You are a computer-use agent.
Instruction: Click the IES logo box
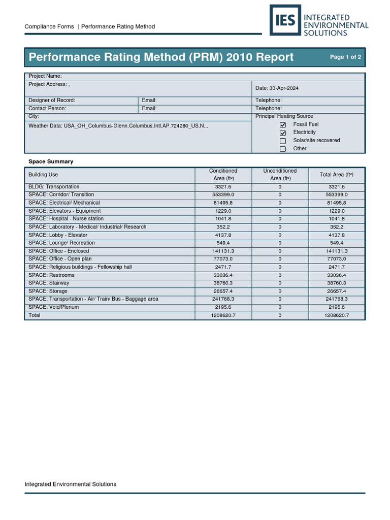285,20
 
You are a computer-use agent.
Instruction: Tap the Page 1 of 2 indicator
345,57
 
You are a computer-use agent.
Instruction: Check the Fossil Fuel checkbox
283,125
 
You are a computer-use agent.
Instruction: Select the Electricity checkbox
283,133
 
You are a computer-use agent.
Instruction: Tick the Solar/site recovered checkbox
283,141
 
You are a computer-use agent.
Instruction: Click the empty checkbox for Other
283,149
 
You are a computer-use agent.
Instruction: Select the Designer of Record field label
52,101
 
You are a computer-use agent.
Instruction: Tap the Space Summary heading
51,161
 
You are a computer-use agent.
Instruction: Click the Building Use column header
43,175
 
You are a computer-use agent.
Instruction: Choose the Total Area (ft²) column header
336,175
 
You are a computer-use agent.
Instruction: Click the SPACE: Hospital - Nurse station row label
66,219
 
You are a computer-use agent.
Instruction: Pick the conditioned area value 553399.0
223,195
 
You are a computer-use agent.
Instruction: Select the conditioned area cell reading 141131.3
223,251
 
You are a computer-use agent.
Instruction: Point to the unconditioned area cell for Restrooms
280,275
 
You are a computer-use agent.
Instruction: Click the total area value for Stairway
336,283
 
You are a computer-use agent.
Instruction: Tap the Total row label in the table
35,315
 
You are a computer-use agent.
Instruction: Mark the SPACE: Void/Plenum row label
54,307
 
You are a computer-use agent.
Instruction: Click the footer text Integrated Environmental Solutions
71,484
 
